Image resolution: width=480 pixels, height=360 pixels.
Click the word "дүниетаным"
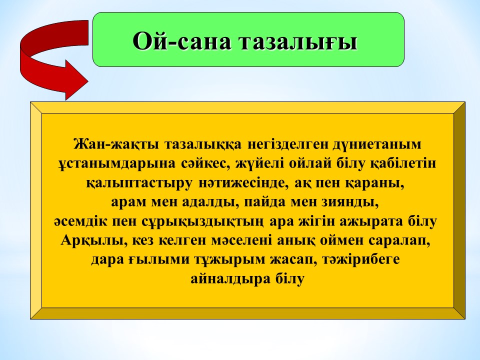pos(377,144)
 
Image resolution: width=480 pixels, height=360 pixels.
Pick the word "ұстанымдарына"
pos(117,164)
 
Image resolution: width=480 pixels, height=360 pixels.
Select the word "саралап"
pos(399,241)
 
